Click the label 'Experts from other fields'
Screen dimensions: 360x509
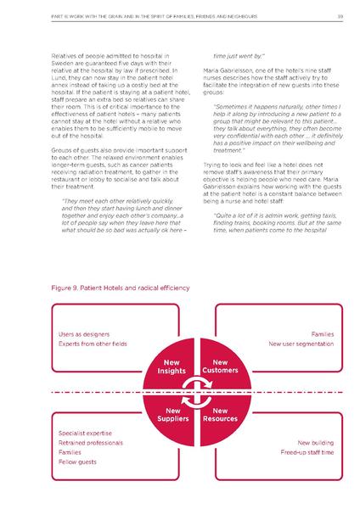[90, 345]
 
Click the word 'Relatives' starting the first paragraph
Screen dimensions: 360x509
[67, 53]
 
